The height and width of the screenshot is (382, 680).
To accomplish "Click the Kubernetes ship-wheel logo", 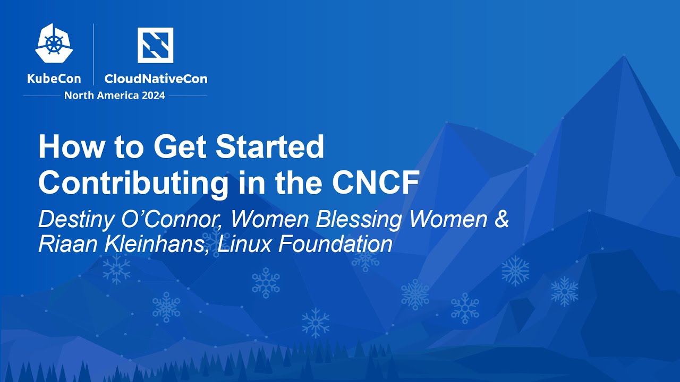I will point(54,44).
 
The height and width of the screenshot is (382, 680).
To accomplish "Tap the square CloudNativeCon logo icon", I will point(155,45).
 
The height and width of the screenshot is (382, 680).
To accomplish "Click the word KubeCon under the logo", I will point(54,79).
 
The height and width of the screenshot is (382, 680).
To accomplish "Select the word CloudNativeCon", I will point(156,79).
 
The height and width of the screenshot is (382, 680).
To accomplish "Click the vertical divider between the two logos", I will point(93,54).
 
